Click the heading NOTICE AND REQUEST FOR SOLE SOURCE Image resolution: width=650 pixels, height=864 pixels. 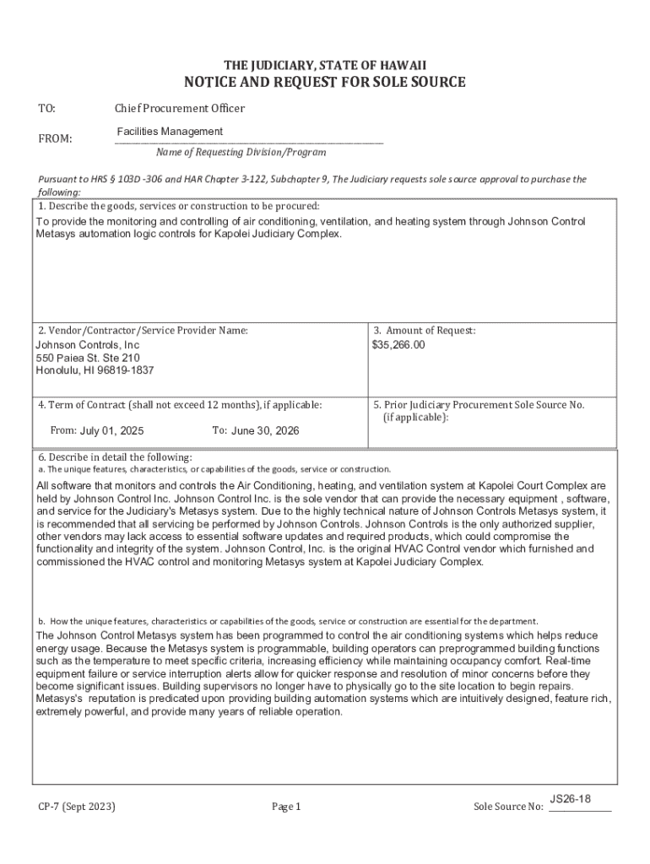coord(325,82)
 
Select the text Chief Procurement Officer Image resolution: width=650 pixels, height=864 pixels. coord(180,109)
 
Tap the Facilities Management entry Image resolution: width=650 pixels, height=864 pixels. coord(170,132)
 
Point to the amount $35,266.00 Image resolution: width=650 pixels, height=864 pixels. coord(398,345)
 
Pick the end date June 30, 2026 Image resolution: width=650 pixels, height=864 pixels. coord(265,430)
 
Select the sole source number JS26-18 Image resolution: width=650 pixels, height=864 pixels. coord(570,798)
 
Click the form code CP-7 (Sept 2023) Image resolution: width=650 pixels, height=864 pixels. coord(77,807)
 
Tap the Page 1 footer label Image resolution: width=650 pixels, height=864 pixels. coord(286,807)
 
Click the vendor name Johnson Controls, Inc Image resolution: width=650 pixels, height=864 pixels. coord(88,345)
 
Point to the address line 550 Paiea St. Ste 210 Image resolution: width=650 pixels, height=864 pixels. coord(88,358)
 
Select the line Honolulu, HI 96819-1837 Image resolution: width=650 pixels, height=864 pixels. coord(95,370)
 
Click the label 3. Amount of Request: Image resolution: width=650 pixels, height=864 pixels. coord(425,331)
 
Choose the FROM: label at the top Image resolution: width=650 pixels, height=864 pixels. coord(56,138)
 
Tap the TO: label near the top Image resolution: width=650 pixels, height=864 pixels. coord(47,109)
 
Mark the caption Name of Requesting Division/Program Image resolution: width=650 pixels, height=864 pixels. coord(241,153)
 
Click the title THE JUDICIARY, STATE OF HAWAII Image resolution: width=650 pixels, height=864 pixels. coord(325,65)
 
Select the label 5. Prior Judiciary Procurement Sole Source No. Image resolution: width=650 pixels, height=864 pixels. coord(479,405)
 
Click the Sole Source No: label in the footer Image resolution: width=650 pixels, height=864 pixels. coord(508,807)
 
